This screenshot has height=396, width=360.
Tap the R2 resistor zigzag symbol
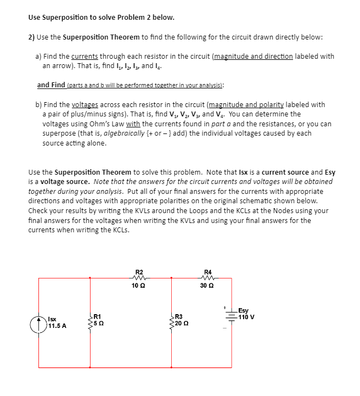[x=139, y=278]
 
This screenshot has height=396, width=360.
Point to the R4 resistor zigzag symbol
[x=207, y=278]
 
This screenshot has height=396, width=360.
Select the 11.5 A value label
[x=58, y=326]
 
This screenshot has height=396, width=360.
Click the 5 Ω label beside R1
[x=99, y=324]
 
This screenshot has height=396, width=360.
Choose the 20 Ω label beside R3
[x=182, y=324]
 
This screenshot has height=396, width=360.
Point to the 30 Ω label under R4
[x=207, y=286]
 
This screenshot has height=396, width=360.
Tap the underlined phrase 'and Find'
[x=51, y=85]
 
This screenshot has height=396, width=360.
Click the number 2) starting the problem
[x=32, y=37]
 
